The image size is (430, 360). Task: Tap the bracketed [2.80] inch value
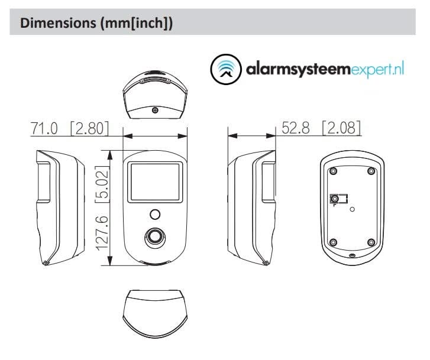point(89,128)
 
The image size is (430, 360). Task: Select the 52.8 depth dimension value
point(296,128)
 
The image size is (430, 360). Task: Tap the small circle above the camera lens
point(155,213)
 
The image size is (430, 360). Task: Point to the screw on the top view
point(155,109)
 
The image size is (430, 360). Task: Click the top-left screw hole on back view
point(333,171)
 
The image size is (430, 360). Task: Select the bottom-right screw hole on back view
point(371,242)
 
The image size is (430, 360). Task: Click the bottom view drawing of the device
point(154,312)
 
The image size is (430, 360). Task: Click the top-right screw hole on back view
point(371,171)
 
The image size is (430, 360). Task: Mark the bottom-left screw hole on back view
point(333,242)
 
